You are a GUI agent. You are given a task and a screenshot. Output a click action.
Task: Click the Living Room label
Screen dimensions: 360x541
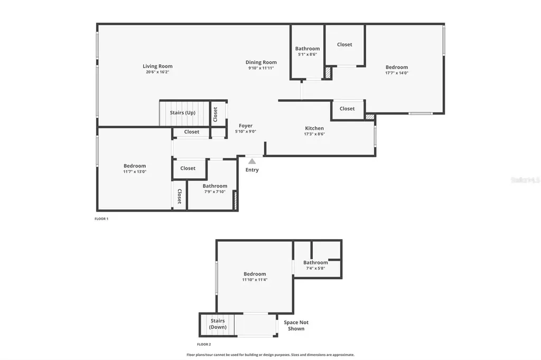[157, 67]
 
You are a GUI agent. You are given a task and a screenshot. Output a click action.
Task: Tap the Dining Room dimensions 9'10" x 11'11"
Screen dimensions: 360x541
[261, 68]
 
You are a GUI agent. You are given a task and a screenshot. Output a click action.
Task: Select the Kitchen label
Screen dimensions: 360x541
[314, 128]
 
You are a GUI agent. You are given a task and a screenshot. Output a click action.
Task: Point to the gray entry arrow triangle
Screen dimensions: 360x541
[252, 162]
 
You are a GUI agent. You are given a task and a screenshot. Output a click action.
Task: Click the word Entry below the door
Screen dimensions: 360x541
[252, 170]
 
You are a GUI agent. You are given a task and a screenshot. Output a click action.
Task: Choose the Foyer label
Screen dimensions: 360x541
[246, 126]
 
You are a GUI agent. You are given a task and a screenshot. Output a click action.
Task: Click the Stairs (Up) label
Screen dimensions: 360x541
[183, 113]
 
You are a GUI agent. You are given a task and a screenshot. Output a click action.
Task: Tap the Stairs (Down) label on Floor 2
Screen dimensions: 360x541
[218, 324]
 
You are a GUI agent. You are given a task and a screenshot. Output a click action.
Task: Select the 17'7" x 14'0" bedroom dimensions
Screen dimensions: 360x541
[396, 73]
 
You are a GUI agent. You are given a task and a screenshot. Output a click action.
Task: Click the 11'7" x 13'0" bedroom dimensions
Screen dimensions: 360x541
[135, 172]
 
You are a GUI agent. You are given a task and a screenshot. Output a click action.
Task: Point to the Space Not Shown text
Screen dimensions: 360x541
[296, 325]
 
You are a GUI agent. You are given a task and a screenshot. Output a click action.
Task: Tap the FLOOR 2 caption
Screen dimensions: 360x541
[204, 344]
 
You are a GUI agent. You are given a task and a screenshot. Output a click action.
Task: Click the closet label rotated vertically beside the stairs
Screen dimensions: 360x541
[216, 114]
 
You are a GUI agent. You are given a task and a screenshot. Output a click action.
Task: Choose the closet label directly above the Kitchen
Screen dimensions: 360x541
[347, 109]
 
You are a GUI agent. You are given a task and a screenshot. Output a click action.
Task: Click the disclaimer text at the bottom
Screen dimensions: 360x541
[270, 355]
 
